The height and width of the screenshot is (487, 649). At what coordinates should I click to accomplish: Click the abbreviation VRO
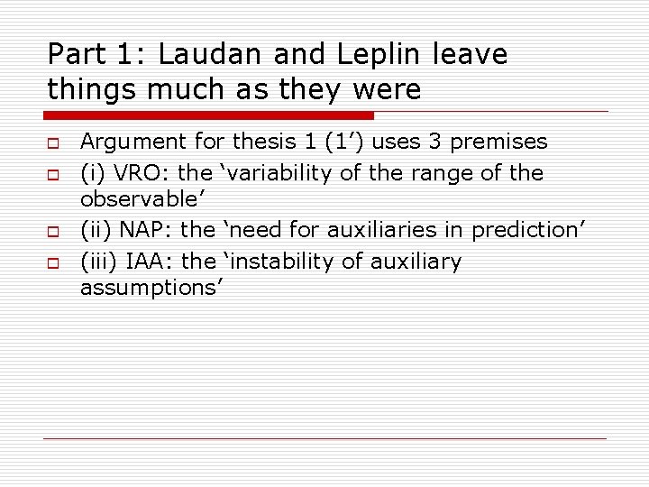(131, 172)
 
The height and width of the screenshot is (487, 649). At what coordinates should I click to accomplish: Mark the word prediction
(523, 232)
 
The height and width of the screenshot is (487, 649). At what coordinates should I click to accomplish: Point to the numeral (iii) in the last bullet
(96, 262)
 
